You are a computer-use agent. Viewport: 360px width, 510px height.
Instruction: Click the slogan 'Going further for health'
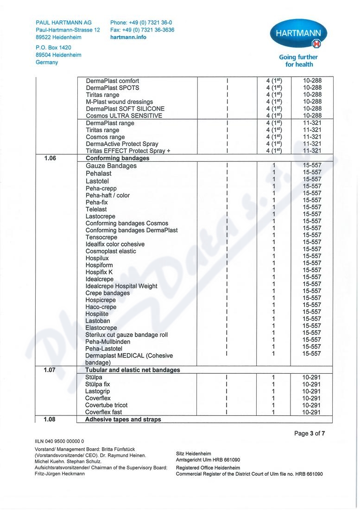[298, 61]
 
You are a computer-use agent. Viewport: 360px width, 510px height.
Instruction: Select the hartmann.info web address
[128, 37]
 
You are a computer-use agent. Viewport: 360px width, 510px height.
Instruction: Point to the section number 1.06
[50, 158]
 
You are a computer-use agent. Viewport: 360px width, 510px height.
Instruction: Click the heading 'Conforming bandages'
[117, 158]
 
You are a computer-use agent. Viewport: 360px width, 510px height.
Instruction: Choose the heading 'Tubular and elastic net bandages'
[133, 370]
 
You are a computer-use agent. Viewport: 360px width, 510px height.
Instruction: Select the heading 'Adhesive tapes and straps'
[123, 420]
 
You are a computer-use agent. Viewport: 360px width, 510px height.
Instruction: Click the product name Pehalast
[98, 173]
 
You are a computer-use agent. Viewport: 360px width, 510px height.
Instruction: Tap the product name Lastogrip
[97, 391]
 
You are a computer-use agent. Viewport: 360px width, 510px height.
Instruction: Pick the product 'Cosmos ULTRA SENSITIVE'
[124, 115]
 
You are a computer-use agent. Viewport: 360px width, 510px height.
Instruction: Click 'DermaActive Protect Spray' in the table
[122, 144]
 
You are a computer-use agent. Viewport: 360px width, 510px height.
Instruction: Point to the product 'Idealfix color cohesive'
[115, 244]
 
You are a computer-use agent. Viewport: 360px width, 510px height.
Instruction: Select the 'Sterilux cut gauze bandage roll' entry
[126, 335]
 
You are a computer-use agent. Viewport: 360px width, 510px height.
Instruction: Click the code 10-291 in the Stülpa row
[311, 377]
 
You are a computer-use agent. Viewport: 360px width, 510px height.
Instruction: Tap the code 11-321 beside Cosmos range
[312, 137]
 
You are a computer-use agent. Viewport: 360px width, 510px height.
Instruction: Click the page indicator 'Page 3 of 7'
[310, 433]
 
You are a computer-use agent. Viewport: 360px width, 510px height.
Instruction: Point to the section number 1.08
[50, 420]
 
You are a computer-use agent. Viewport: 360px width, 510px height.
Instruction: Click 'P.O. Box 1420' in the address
[53, 47]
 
